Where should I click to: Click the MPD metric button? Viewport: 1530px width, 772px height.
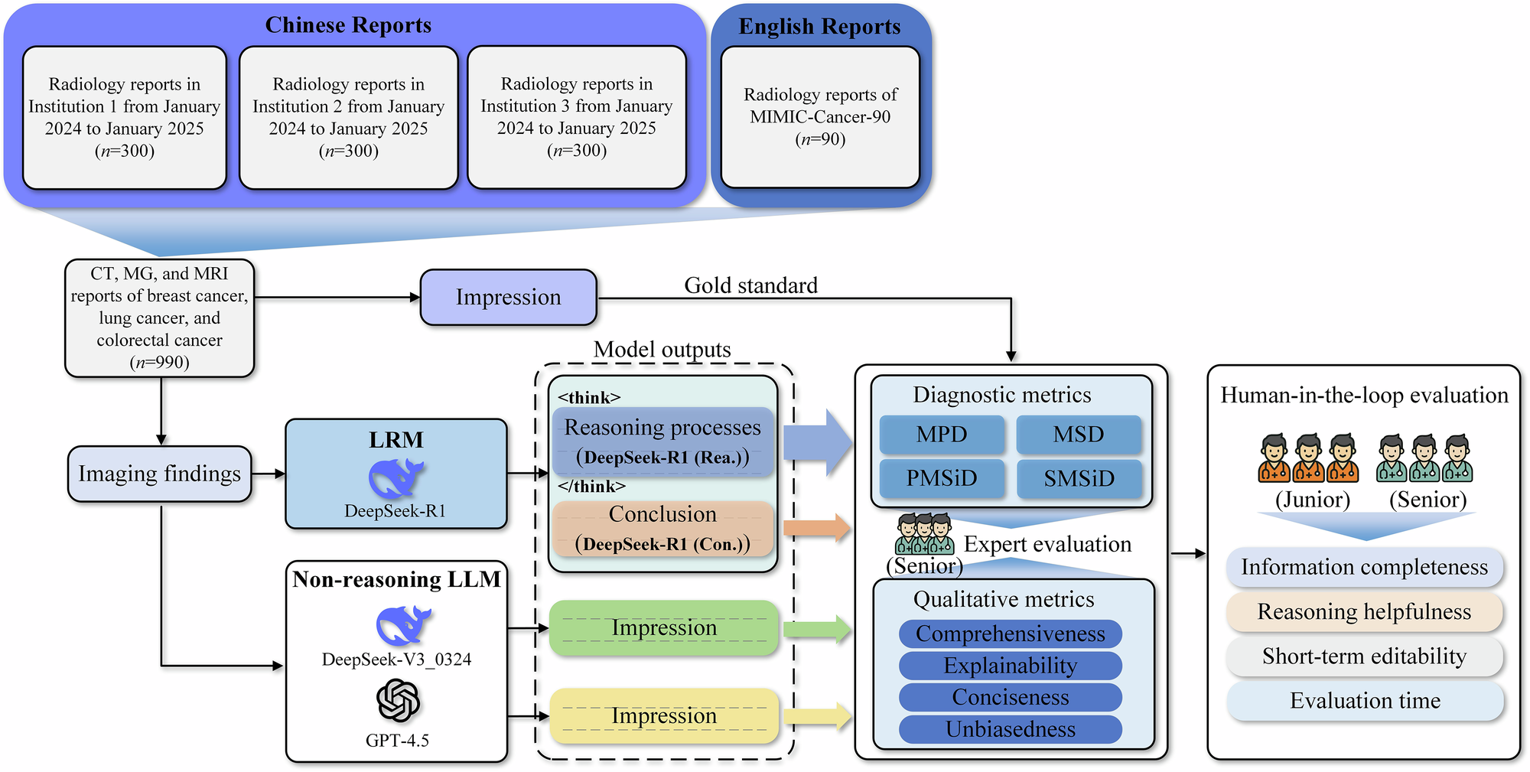pos(942,435)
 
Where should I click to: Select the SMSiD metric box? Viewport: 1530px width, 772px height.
pos(1079,478)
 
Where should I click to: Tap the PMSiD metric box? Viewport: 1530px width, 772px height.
pos(942,478)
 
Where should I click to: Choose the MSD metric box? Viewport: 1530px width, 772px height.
pos(1079,435)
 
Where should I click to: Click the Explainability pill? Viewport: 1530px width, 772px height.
pos(1010,666)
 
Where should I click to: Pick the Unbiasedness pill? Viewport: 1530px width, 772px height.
pos(1010,729)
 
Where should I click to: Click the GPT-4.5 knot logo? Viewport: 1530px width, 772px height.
pos(398,701)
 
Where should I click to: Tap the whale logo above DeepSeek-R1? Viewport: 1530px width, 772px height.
pos(396,479)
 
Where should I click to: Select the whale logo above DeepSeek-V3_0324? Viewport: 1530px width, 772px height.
pos(403,625)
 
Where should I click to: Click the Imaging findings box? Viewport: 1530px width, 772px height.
pos(159,474)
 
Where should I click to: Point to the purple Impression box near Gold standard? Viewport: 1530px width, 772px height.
pos(508,297)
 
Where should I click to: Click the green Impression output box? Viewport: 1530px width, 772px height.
pos(663,628)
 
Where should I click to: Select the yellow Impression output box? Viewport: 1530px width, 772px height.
pos(663,716)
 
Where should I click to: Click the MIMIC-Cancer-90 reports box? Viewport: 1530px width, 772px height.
pos(820,117)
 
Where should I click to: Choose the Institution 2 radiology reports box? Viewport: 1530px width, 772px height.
pos(348,117)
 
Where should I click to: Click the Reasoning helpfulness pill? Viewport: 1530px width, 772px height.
pos(1364,612)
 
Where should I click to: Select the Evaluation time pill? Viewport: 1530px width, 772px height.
pos(1364,701)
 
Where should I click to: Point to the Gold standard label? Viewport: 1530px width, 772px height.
pos(750,285)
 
